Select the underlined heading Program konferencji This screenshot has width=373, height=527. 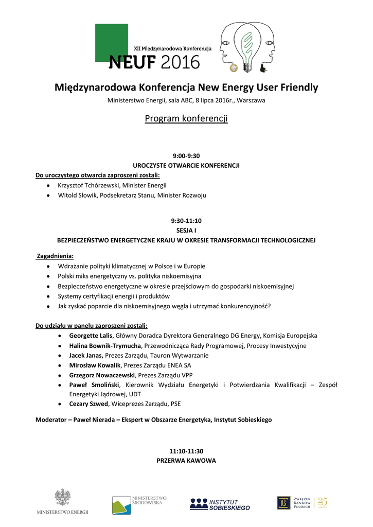(186, 119)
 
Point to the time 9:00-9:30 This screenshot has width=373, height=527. (186, 155)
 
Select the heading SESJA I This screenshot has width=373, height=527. (186, 231)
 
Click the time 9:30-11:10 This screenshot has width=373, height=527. (186, 221)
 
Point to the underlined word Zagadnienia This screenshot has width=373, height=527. (56, 256)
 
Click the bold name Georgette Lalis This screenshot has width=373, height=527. (91, 336)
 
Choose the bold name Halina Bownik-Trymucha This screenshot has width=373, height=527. (105, 345)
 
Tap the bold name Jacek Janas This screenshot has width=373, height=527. (86, 355)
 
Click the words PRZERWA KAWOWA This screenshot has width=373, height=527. (186, 461)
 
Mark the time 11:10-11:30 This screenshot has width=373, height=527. (186, 451)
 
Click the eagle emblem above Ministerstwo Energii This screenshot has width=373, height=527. (62, 498)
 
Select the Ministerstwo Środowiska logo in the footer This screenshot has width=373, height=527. (139, 504)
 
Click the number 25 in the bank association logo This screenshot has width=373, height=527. (323, 501)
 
